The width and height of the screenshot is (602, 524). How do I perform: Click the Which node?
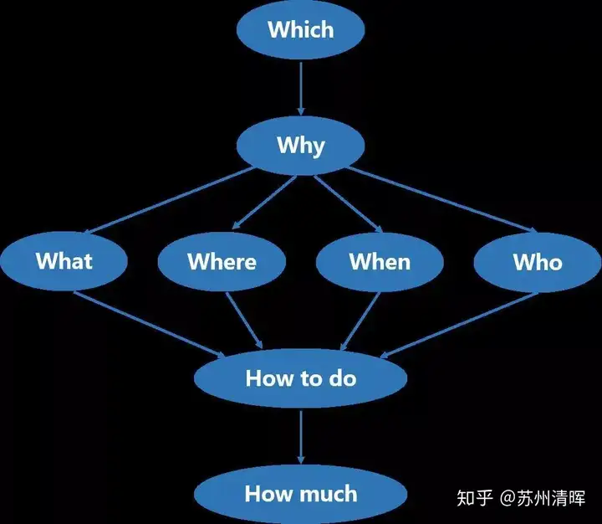click(x=301, y=29)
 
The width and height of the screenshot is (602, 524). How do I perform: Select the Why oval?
click(x=301, y=146)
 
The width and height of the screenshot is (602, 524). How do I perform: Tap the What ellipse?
click(x=64, y=260)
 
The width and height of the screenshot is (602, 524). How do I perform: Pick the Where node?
click(x=222, y=261)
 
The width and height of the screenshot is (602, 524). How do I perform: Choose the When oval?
click(x=380, y=262)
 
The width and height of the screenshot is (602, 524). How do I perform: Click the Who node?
click(x=538, y=262)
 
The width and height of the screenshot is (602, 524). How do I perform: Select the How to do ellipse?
click(x=301, y=378)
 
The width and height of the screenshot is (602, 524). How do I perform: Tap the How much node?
click(x=301, y=494)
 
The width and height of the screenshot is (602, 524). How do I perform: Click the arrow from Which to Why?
click(x=301, y=89)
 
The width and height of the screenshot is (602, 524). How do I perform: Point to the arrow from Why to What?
click(x=170, y=200)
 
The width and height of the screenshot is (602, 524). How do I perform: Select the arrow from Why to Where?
click(x=264, y=203)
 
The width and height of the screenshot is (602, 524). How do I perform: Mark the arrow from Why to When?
click(x=349, y=204)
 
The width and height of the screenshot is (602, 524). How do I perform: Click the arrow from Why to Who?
click(x=441, y=200)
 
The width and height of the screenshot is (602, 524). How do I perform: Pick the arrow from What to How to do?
click(x=150, y=325)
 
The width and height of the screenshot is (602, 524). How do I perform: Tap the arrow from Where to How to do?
click(x=244, y=321)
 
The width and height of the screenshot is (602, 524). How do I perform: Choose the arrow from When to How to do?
click(x=360, y=321)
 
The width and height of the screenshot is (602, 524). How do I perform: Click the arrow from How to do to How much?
click(x=301, y=437)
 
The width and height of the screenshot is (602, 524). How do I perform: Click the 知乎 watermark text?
click(x=475, y=498)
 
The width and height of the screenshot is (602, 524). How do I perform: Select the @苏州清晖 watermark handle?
click(x=543, y=498)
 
